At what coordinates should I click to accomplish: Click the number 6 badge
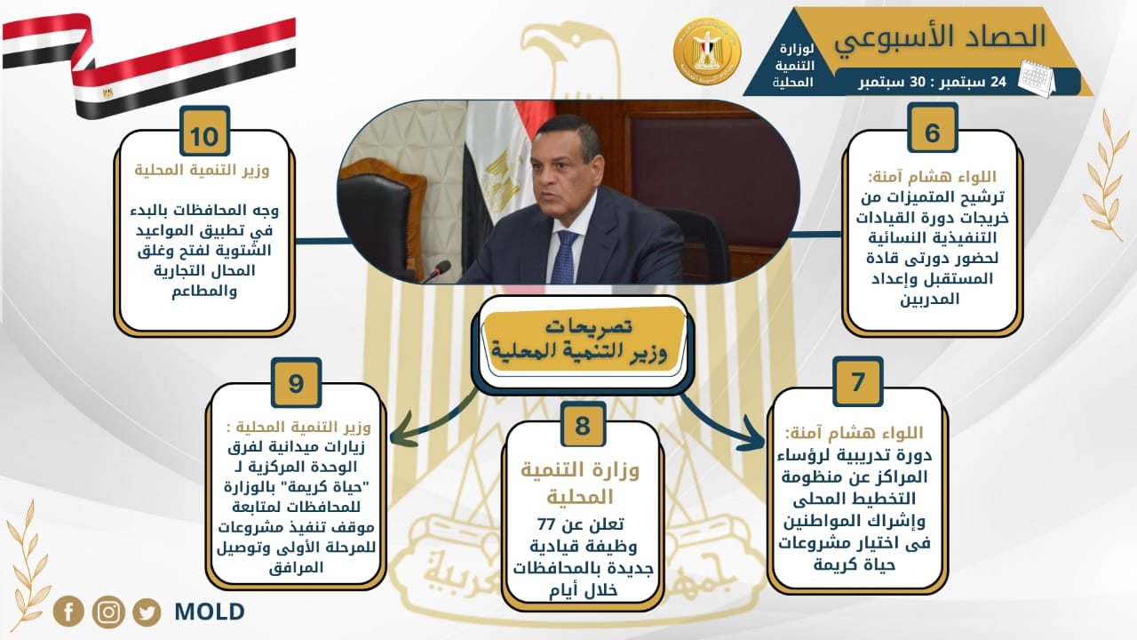point(932,127)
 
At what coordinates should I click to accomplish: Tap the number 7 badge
point(858,381)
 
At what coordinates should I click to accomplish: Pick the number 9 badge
point(296,382)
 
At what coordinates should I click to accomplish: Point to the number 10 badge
point(204,131)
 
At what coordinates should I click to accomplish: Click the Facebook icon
point(68,611)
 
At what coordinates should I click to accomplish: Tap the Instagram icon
point(108,611)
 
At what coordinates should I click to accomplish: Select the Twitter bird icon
point(147,612)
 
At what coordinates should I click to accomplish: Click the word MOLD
point(210,612)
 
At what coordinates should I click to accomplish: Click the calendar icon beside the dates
point(1037,78)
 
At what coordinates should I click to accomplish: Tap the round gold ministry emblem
point(708,51)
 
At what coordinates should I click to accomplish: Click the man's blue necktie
point(565,257)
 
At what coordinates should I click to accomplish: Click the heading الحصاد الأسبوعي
point(940,37)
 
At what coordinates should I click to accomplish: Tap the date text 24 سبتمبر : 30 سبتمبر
point(933,82)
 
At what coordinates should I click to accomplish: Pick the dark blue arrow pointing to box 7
point(723,423)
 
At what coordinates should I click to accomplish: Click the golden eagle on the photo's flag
point(501,181)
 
